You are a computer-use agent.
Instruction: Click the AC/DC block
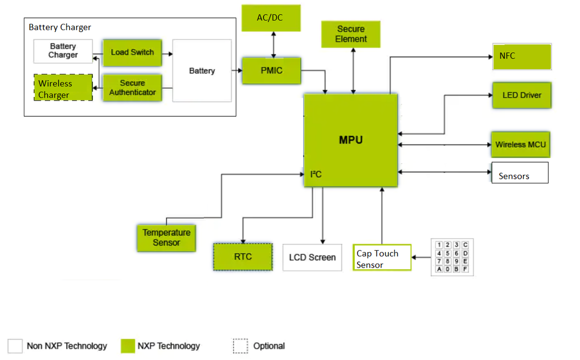271,18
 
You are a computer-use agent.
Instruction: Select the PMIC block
272,71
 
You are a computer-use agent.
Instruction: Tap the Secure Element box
351,34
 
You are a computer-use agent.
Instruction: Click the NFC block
521,56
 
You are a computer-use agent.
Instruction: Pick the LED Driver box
521,95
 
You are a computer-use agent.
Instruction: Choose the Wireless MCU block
520,145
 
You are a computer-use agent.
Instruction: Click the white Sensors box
520,172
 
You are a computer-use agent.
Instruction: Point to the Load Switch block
132,53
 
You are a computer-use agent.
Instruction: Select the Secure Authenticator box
132,88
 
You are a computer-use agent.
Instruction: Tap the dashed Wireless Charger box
63,88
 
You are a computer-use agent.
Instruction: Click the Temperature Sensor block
166,237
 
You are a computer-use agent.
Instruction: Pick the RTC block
243,257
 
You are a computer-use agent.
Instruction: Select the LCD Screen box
312,257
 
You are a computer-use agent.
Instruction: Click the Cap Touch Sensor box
381,258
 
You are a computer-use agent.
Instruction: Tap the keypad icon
452,257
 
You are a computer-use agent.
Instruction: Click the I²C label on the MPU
316,174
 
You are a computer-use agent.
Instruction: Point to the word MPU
351,140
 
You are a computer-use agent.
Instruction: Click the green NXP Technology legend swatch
128,346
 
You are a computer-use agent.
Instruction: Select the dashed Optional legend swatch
240,346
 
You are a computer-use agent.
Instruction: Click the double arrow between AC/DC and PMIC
271,44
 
